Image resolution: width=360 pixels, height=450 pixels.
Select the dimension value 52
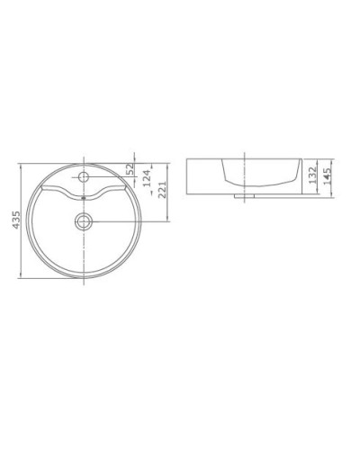pyautogui.click(x=132, y=169)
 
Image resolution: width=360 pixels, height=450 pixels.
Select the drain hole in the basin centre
pyautogui.click(x=83, y=220)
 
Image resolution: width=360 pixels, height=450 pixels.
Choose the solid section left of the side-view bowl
pyautogui.click(x=202, y=174)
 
